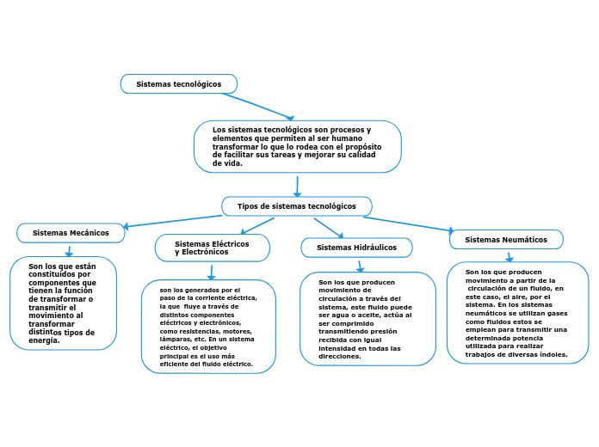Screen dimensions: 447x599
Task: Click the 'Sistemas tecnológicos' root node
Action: (178, 84)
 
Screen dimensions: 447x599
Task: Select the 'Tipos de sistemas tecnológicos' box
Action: (296, 206)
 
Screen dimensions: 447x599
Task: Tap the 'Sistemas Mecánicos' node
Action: (71, 233)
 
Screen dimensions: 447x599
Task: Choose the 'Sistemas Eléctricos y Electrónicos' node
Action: (212, 248)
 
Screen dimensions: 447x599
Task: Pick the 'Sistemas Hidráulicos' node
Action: (356, 248)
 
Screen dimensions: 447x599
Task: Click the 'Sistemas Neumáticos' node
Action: (506, 240)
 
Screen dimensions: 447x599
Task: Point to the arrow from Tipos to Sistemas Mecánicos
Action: (172, 221)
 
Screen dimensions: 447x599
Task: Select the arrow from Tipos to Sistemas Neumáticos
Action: (408, 223)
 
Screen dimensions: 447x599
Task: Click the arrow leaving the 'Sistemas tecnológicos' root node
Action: (257, 107)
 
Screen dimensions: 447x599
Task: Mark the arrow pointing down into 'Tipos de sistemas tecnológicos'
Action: (297, 186)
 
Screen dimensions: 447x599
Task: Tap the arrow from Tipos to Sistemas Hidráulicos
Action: (329, 227)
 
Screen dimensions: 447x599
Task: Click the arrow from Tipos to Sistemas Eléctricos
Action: (257, 225)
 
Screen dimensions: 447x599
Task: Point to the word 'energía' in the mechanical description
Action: (44, 340)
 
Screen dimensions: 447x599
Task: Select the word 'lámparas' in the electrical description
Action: (176, 340)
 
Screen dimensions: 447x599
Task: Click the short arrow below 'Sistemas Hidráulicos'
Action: (360, 266)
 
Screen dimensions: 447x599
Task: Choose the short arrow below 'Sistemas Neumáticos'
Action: (509, 256)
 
